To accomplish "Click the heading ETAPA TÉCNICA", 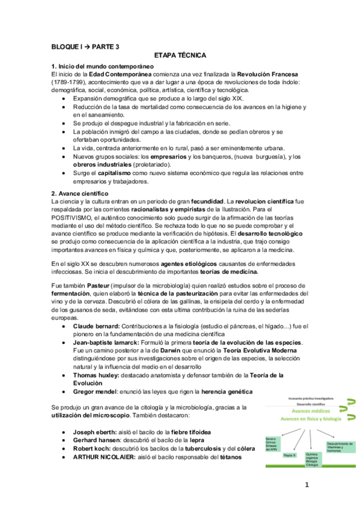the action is pyautogui.click(x=180, y=54).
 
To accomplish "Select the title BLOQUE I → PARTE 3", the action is pyautogui.click(x=85, y=46).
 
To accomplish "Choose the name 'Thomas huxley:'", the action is pyautogui.click(x=96, y=374).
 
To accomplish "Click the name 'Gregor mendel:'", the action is pyautogui.click(x=96, y=391).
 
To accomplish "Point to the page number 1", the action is pyautogui.click(x=306, y=485).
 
